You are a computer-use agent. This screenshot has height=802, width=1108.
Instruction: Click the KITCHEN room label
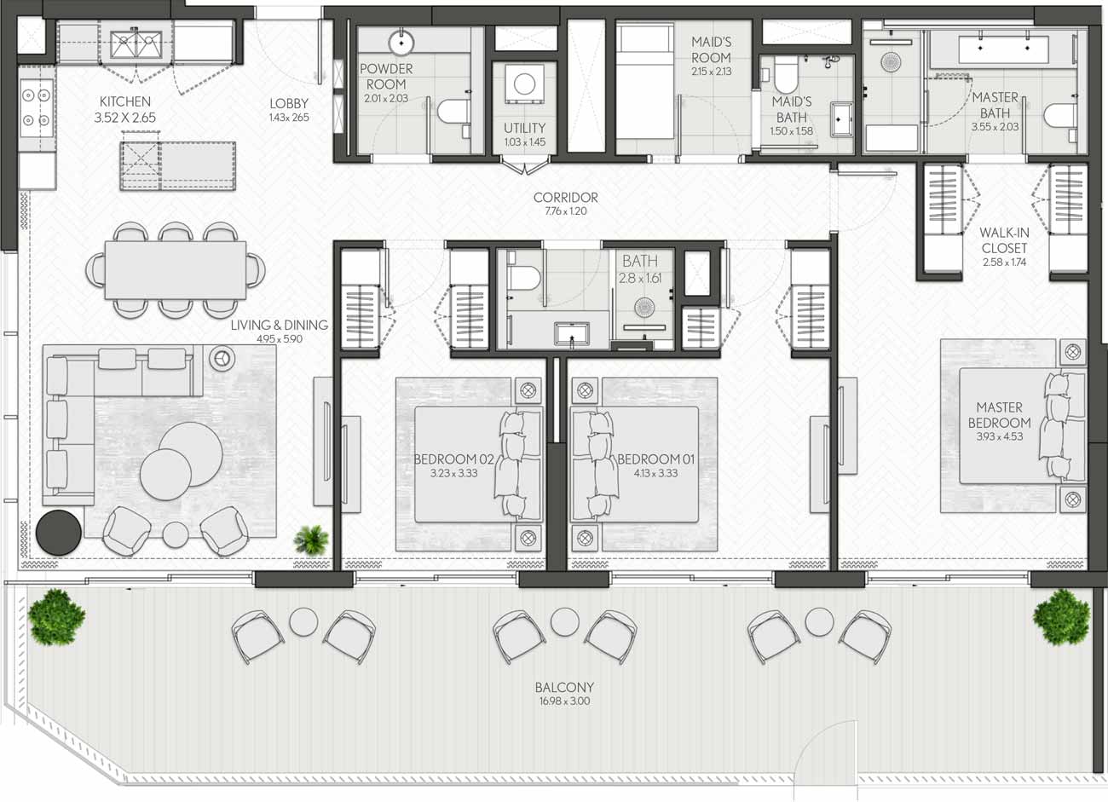pos(125,101)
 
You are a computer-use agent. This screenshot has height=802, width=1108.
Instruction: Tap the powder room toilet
pos(453,112)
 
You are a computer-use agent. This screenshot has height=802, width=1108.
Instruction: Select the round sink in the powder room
pos(401,43)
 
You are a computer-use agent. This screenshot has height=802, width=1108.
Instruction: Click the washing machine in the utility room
pos(524,84)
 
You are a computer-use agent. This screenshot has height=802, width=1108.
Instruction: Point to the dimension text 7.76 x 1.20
pos(566,211)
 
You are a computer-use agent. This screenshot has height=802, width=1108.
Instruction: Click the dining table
pos(176,269)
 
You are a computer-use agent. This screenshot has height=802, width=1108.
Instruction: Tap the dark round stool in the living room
pos(58,533)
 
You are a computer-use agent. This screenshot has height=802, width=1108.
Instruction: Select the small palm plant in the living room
pos(311,539)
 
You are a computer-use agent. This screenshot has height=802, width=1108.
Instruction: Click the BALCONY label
pos(564,687)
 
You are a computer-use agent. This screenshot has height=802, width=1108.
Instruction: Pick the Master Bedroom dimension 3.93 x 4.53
pos(999,437)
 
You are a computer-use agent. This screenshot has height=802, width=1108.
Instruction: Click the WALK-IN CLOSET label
pos(1004,240)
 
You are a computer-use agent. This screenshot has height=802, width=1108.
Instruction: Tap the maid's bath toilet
pos(786,74)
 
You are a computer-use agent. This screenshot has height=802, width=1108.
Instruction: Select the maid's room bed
pos(644,82)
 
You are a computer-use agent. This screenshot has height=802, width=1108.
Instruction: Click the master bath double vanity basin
pos(1004,49)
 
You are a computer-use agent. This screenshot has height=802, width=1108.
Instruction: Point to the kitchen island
pos(178,165)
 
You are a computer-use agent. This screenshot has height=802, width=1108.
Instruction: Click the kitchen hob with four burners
pos(37,108)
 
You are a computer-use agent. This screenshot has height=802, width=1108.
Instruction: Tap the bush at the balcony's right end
pos(1061,617)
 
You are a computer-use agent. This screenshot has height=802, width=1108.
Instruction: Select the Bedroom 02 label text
pos(453,459)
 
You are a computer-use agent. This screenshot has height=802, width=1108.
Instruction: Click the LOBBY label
pos(289,104)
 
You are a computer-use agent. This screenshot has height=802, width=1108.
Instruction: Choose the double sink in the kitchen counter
pos(136,44)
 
